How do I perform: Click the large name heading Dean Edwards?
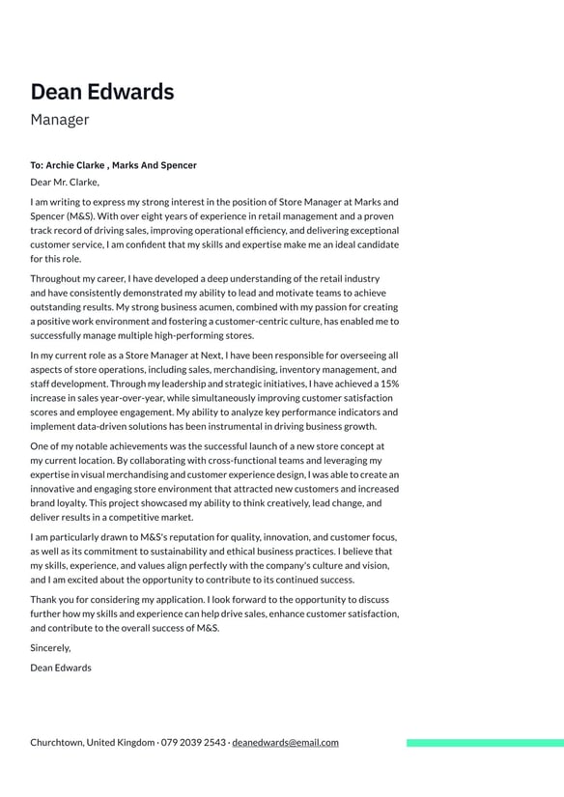(x=102, y=92)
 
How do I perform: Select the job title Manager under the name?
(x=59, y=120)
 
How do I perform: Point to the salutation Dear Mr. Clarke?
(x=65, y=182)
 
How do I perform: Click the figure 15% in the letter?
(x=387, y=384)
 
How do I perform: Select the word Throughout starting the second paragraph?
(x=57, y=279)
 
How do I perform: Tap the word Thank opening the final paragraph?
(x=44, y=600)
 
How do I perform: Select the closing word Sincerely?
(x=50, y=648)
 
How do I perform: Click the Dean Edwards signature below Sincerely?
(x=61, y=668)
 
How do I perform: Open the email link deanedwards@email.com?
(x=285, y=743)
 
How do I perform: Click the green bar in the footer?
(x=485, y=743)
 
